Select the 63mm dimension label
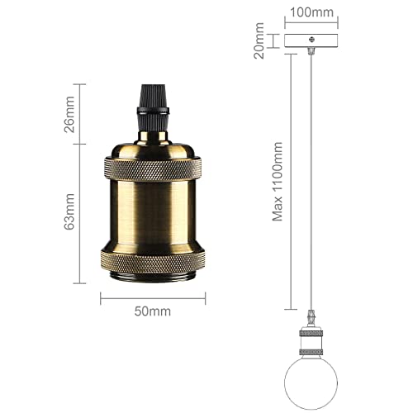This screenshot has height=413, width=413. (x=70, y=212)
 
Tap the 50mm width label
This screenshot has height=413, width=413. (x=154, y=311)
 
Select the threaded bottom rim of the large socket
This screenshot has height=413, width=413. (x=154, y=275)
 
